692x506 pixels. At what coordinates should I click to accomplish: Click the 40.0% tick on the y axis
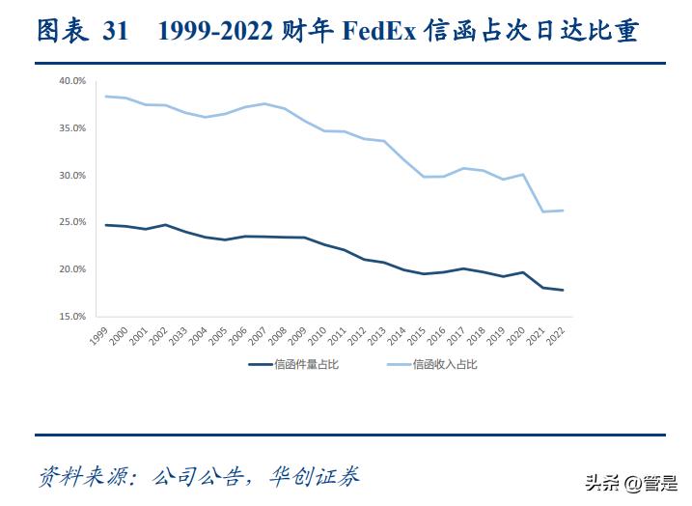tap(72, 81)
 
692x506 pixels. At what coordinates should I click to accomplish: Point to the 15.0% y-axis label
tap(72, 316)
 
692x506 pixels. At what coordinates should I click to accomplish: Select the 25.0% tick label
tap(72, 222)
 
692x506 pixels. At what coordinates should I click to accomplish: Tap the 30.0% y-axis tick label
tap(72, 176)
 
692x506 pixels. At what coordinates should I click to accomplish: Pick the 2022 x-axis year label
tap(557, 333)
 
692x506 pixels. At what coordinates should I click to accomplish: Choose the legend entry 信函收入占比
tap(445, 364)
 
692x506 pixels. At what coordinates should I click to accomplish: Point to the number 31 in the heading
tap(116, 31)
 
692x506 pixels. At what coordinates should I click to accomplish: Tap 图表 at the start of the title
tap(61, 31)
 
